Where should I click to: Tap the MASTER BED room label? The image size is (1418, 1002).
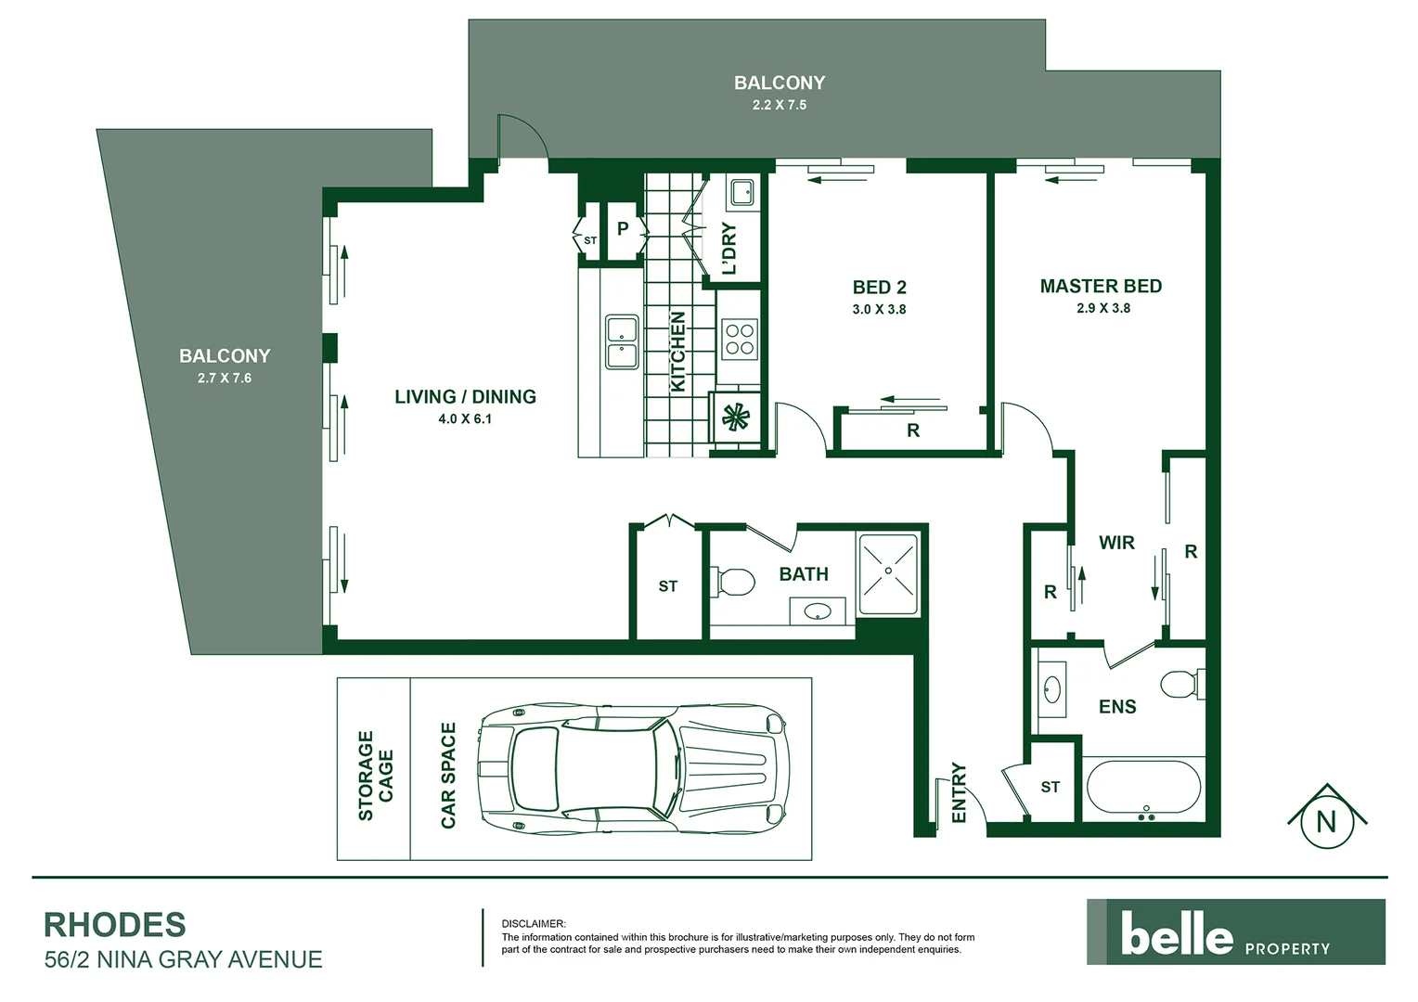(1101, 287)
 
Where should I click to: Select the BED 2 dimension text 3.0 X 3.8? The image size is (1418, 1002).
(879, 310)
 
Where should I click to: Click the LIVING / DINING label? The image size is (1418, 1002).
(465, 397)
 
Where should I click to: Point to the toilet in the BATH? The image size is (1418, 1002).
(733, 583)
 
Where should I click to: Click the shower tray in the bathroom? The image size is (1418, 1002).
(888, 573)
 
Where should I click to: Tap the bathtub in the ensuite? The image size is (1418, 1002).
(1143, 790)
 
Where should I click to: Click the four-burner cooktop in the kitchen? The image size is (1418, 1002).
(740, 338)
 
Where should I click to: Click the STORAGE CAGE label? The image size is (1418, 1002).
(376, 776)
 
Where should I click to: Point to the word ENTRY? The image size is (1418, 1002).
(960, 792)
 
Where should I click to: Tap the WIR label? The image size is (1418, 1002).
(1116, 543)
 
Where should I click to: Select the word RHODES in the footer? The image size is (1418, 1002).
(115, 925)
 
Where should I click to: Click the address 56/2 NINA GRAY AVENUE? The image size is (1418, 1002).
(184, 959)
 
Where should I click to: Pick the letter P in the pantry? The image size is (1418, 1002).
(623, 227)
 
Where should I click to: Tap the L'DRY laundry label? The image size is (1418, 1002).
(729, 248)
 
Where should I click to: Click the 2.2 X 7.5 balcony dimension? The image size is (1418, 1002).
(779, 106)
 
